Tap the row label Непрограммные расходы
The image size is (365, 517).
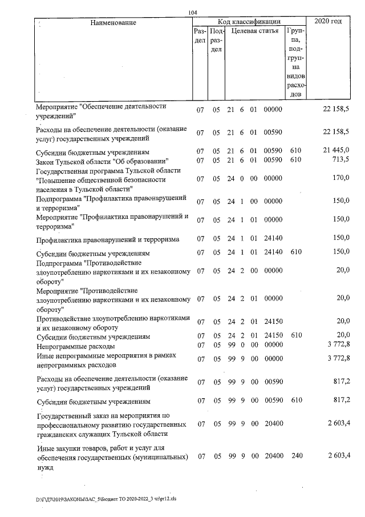click(x=75, y=346)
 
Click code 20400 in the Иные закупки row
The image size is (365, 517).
click(x=273, y=458)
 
